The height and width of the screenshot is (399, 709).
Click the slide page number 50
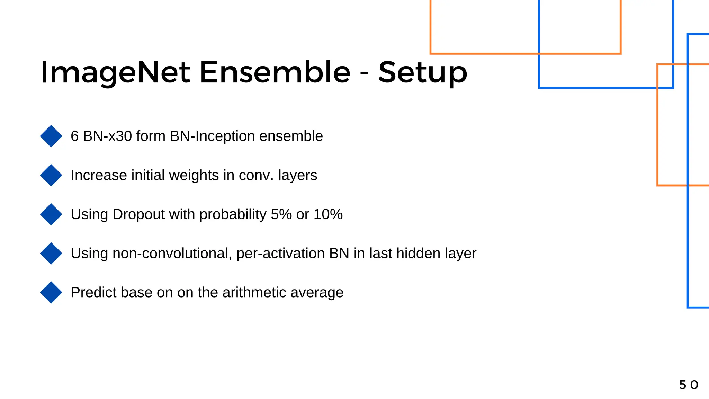tap(689, 385)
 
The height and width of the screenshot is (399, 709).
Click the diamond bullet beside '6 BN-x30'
tap(51, 136)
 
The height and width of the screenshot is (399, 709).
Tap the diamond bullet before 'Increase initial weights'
tap(51, 175)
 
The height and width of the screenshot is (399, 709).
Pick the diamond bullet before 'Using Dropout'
tap(51, 214)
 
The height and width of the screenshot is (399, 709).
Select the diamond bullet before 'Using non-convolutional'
tap(51, 254)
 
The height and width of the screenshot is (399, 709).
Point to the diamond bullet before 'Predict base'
tap(51, 293)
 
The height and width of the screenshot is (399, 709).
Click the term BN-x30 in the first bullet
tap(107, 136)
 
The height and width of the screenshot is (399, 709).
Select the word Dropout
tap(138, 215)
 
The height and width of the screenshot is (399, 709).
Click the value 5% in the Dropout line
tap(281, 214)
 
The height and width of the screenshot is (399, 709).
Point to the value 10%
tap(328, 214)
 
